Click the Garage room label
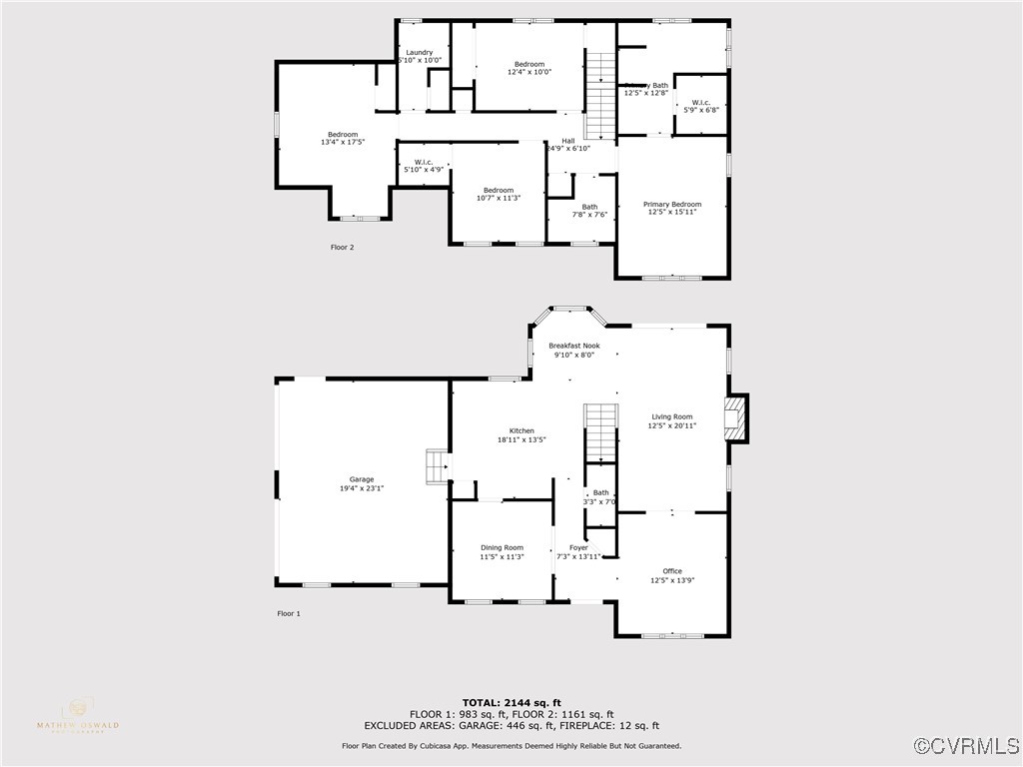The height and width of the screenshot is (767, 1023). tap(361, 479)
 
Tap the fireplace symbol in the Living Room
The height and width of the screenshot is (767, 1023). tap(735, 418)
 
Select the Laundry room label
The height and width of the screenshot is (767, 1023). tap(419, 52)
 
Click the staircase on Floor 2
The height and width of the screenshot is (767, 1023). tap(599, 96)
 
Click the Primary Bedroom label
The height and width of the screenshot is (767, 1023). tap(671, 204)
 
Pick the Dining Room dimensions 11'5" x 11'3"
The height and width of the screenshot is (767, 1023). tap(502, 557)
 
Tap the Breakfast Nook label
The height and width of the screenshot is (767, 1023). tap(573, 346)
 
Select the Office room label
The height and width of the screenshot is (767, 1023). tap(671, 571)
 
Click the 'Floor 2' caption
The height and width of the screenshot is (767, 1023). tap(342, 247)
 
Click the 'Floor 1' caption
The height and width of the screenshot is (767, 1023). tap(288, 613)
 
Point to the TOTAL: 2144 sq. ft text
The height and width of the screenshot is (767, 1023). tap(511, 702)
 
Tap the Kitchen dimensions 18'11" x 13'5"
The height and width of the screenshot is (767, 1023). tap(521, 439)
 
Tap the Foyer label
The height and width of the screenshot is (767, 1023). tap(578, 547)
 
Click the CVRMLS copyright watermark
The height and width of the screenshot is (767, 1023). tap(967, 746)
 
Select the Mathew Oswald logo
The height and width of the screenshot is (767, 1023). tap(77, 715)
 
